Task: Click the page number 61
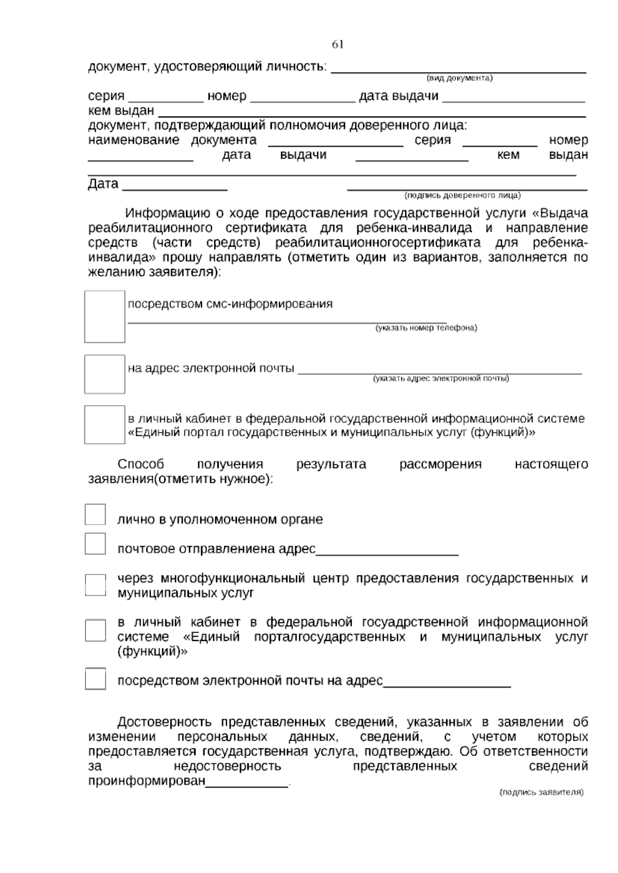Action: tap(337, 45)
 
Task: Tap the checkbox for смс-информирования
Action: tap(105, 317)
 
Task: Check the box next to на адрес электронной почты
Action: tap(105, 374)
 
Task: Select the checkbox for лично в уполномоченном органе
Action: tap(95, 515)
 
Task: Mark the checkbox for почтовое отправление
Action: tap(95, 544)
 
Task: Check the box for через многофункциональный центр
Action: tap(95, 585)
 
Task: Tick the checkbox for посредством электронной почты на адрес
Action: tap(95, 679)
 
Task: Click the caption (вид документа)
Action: tap(459, 78)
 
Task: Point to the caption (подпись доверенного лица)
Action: tap(462, 196)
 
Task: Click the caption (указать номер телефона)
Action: tap(426, 328)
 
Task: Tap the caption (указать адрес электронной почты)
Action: tap(441, 379)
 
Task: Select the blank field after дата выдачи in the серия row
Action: tap(513, 99)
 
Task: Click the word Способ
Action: tap(141, 464)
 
